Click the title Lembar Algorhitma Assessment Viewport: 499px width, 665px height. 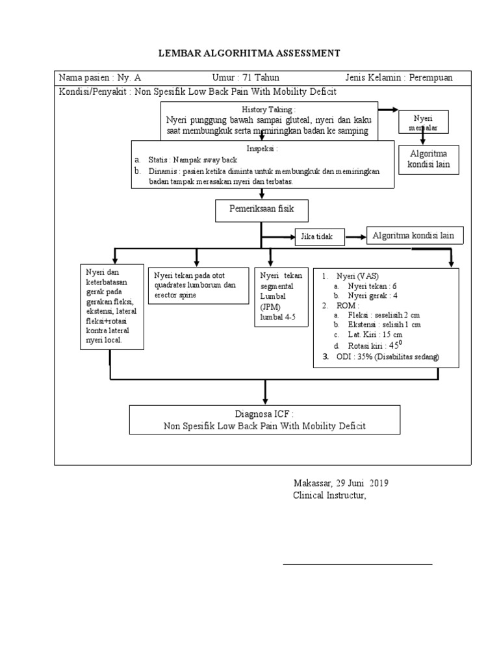[249, 53]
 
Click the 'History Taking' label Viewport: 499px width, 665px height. [268, 110]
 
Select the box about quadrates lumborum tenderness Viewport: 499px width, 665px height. [198, 284]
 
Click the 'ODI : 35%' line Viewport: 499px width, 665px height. [386, 357]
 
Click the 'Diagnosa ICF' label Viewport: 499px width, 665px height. [264, 414]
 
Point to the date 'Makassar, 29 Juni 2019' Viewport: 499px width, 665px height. [341, 484]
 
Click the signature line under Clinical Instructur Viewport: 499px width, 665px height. [357, 564]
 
